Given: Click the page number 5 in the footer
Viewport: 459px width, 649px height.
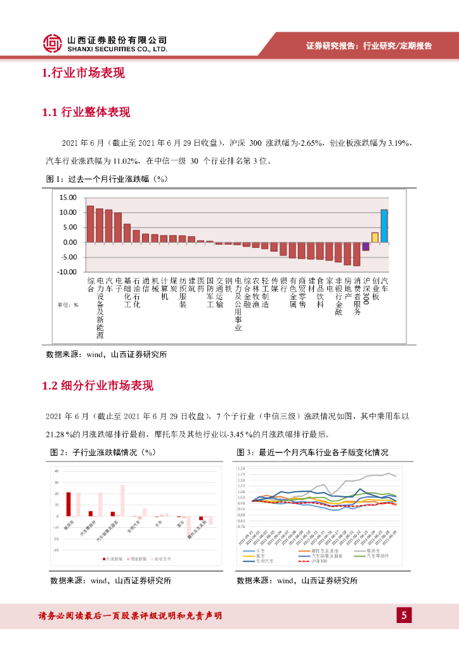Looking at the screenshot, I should (x=404, y=615).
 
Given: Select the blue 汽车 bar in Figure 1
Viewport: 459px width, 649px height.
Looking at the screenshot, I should (x=384, y=226).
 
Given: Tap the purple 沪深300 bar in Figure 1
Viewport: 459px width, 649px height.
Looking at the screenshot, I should (x=366, y=247).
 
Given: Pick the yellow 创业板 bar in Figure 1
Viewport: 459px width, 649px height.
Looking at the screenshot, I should (x=375, y=237).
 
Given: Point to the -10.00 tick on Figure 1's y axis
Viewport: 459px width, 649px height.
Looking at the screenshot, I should (x=67, y=272).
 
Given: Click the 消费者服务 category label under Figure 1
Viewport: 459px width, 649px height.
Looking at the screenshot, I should (x=357, y=295).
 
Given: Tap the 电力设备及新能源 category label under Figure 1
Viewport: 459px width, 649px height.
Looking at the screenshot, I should (x=100, y=307).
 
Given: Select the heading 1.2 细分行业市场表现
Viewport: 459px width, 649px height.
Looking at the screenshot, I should (x=98, y=385).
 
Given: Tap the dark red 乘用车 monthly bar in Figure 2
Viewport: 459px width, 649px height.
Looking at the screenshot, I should (x=68, y=504).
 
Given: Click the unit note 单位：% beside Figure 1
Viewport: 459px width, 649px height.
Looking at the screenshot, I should (x=68, y=305).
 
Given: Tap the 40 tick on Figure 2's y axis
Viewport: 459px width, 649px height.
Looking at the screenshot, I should (x=57, y=471).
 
